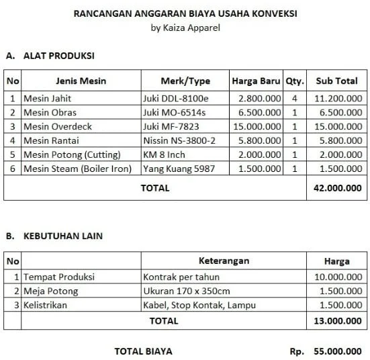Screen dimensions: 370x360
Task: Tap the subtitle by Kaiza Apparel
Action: click(185, 28)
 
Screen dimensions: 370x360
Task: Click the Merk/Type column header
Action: click(185, 81)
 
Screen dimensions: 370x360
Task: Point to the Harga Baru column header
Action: click(256, 81)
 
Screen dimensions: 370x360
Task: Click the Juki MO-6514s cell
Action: click(175, 112)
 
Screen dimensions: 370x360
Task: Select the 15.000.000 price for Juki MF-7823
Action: click(255, 126)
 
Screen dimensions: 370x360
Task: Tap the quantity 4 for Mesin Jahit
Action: click(294, 98)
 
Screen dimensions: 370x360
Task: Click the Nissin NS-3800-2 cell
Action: click(179, 140)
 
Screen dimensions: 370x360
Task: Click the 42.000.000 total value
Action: click(338, 188)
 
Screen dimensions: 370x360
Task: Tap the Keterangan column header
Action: click(224, 261)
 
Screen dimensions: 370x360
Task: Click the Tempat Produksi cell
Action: click(59, 277)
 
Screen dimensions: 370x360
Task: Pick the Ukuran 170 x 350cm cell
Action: click(187, 291)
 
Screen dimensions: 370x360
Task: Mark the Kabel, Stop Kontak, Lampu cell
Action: click(199, 306)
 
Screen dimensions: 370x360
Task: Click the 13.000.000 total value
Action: click(338, 321)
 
